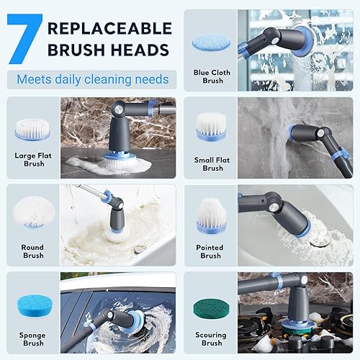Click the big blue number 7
pos(24,39)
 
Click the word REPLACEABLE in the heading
pos(109,28)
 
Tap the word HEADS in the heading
pos(140,50)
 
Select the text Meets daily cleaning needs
pos(93,79)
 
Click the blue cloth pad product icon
pos(211,42)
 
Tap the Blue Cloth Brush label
pos(212,76)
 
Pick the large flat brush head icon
pos(32,129)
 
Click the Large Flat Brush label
pos(33,160)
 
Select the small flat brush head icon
pos(211,127)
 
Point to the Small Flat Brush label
pos(212,164)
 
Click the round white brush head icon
pos(34,212)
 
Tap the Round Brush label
pos(33,251)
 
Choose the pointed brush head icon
pos(211,215)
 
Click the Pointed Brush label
pos(210,251)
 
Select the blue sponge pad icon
pos(35,306)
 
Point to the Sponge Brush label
pos(32,339)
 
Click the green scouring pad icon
pos(211,308)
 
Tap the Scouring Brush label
pos(211,339)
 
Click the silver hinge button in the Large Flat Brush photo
pos(118,109)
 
